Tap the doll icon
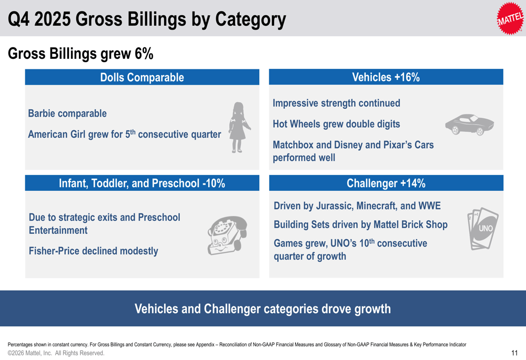pos(237,128)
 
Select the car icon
pos(469,125)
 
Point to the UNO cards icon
pos(482,228)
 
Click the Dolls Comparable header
pos(142,78)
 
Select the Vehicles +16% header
pos(386,78)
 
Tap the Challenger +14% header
pos(386,183)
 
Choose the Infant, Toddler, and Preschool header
pos(142,183)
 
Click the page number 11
pos(514,353)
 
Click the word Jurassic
pos(333,205)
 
